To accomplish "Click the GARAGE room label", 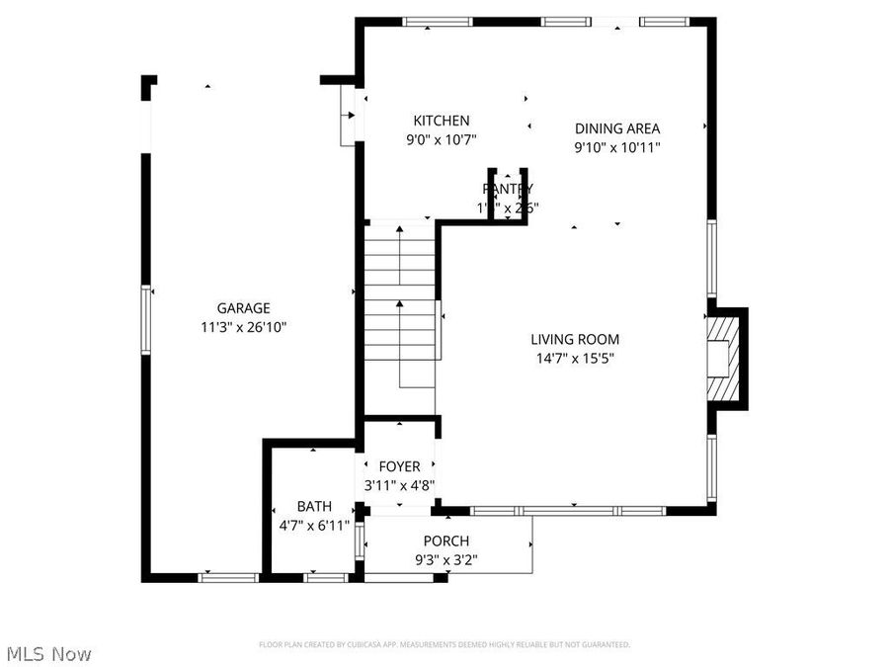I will (243, 308).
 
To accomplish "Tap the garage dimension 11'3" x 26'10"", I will (243, 327).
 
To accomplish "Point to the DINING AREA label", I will (617, 127).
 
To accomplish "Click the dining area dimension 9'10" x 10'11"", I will (617, 147).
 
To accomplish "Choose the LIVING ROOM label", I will (574, 340).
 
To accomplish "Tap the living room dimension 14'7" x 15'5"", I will (574, 359).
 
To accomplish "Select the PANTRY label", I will (508, 189).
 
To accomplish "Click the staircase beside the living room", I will (399, 306).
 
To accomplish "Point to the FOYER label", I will (399, 466).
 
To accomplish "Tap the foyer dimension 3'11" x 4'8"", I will (399, 485).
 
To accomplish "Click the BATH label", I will (314, 506).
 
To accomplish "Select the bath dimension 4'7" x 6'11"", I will (314, 525).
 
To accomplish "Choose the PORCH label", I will (446, 541).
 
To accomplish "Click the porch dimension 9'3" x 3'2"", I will (446, 559).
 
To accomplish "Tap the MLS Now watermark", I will (49, 654).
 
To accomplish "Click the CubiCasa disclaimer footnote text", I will (444, 644).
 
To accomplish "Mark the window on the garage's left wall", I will (146, 319).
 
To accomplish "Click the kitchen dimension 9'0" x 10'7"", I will (442, 140).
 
